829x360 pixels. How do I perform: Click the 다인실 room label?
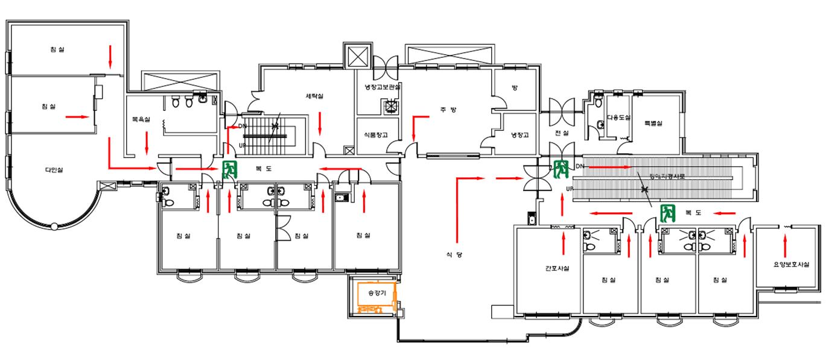coord(54,170)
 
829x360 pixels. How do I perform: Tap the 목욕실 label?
coord(141,120)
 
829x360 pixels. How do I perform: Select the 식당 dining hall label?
coord(454,255)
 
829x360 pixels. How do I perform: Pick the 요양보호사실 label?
coord(791,265)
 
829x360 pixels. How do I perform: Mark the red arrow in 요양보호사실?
coord(785,246)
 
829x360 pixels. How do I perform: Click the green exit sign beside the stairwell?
coord(229,169)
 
